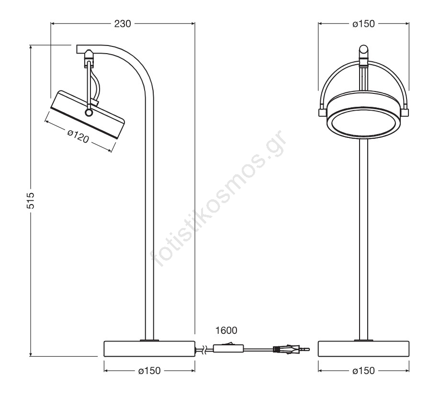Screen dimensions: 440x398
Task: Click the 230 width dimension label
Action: click(123, 24)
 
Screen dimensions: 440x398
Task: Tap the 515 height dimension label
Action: click(31, 200)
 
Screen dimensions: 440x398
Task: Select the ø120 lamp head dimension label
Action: click(79, 136)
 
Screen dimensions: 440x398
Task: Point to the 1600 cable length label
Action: click(226, 330)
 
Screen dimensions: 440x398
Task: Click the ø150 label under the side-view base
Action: click(149, 371)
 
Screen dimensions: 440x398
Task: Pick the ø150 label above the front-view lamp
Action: click(363, 24)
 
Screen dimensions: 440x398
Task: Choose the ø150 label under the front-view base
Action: click(363, 371)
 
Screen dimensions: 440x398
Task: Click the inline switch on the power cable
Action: click(228, 348)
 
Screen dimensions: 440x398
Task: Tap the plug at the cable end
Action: click(291, 350)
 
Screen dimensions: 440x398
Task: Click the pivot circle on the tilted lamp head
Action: click(89, 113)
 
